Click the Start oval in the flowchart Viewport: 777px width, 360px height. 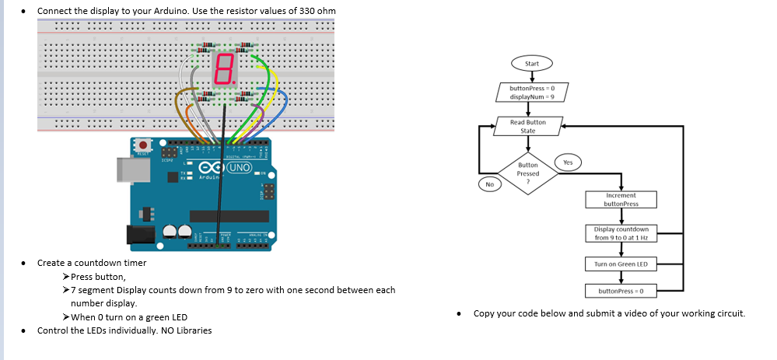click(531, 63)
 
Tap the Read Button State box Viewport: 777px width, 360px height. click(527, 126)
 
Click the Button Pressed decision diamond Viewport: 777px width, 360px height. click(528, 169)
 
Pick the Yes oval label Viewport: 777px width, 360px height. click(567, 163)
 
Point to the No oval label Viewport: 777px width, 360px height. click(489, 185)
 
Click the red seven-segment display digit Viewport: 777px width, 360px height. click(223, 70)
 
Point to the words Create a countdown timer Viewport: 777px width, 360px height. click(92, 263)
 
